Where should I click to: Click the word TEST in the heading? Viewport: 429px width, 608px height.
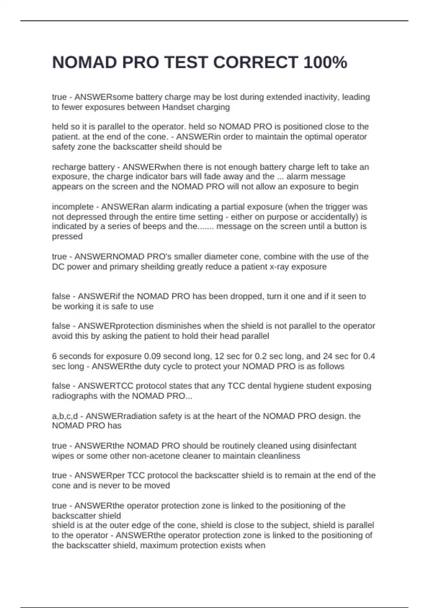(186, 63)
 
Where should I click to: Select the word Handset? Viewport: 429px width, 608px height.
(178, 107)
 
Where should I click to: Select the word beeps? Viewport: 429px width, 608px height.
(154, 226)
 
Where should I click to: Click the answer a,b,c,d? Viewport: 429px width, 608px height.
(65, 416)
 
